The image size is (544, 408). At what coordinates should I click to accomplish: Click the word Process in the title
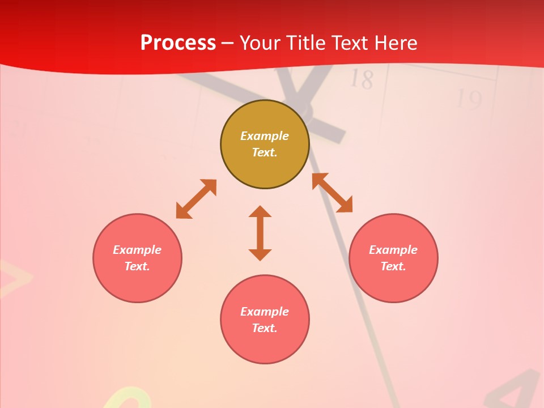tap(178, 43)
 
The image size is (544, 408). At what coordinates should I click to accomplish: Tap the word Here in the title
tap(395, 43)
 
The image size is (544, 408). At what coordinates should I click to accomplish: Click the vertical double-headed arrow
tap(260, 233)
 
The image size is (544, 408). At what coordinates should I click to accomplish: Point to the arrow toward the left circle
tap(196, 199)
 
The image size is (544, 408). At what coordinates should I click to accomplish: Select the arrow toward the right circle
tap(333, 193)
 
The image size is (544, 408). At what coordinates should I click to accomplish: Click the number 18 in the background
tap(361, 79)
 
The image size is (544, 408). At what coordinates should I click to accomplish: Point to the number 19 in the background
tap(469, 100)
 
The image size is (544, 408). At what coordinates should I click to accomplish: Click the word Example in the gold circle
tap(265, 136)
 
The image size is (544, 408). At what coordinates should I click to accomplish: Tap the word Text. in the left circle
tap(137, 266)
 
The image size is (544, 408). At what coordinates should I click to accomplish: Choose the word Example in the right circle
tap(393, 250)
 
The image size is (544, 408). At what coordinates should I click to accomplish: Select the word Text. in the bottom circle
tap(265, 328)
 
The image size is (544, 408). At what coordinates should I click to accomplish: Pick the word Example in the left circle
tap(137, 250)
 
